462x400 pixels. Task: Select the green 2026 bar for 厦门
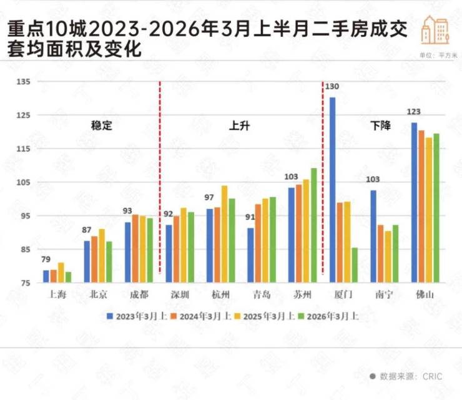355,265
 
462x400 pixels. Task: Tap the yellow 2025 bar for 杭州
224,234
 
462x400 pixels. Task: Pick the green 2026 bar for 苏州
313,225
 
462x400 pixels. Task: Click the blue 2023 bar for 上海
46,276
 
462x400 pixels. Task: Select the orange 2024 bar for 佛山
421,207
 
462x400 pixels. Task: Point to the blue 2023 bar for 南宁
373,237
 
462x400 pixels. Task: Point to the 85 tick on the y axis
26,250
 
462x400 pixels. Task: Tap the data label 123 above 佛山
414,112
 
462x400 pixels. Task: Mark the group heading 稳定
101,125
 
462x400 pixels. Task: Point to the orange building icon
435,29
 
